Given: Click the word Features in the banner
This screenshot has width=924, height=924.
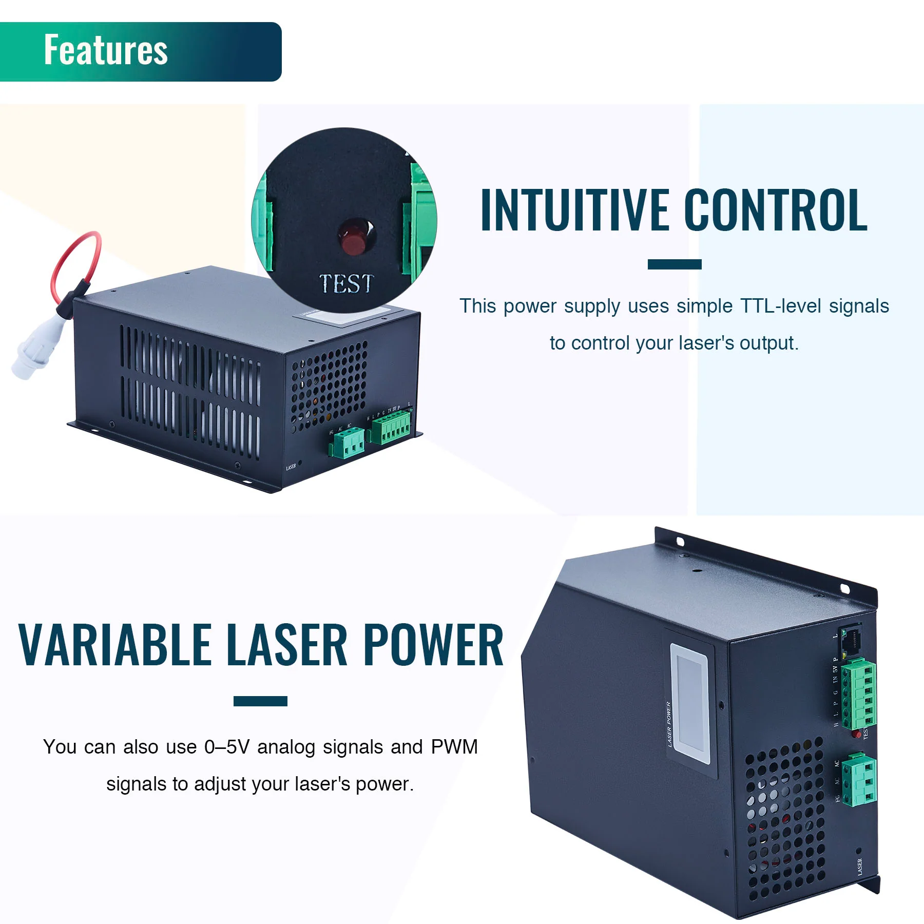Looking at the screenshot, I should coord(106,50).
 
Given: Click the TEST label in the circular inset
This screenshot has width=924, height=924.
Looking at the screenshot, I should coord(346,284).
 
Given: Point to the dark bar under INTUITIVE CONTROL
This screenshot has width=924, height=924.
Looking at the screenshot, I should coord(674,264).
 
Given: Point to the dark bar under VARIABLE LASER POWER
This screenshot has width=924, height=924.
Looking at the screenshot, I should coord(260,701).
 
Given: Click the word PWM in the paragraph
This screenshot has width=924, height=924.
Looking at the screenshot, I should coord(454,747).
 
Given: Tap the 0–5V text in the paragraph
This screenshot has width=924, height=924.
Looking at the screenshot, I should coord(226,747).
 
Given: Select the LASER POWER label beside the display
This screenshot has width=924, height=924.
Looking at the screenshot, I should coord(669,724).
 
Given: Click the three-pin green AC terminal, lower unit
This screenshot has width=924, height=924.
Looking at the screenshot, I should coord(860,779).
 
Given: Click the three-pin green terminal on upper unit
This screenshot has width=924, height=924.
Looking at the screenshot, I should coord(348,445).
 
